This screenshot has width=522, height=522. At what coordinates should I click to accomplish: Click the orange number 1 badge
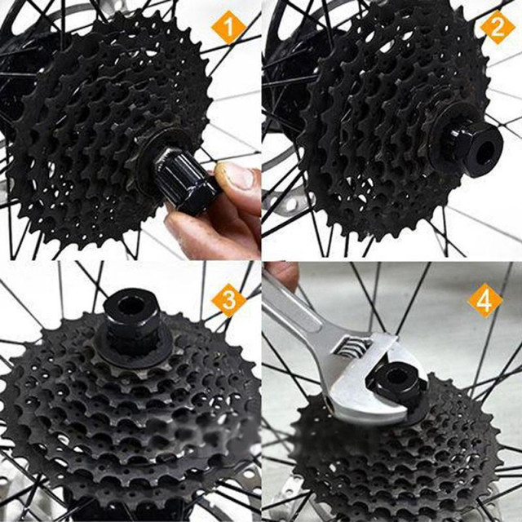click(229, 30)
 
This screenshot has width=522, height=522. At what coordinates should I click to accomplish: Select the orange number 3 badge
click(228, 301)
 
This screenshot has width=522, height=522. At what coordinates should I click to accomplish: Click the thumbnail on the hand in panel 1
click(235, 175)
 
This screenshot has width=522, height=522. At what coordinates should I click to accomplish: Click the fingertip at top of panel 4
click(282, 273)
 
